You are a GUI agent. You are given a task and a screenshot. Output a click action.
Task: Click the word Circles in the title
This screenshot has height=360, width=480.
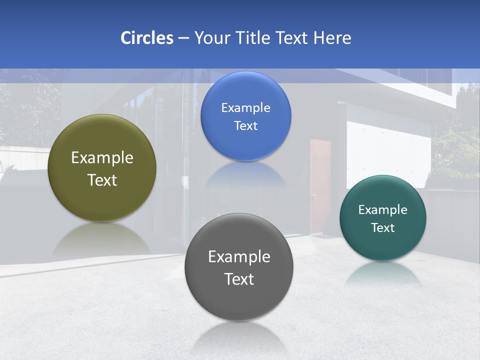pos(146,38)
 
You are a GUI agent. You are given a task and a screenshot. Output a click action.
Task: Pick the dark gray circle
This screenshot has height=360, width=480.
pos(239,300)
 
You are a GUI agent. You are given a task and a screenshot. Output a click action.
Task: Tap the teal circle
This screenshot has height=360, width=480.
pos(383,245)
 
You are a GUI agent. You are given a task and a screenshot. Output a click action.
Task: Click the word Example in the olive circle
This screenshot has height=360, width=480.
pos(102,158)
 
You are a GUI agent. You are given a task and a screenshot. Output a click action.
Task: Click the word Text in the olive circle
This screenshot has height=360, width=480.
pos(102,180)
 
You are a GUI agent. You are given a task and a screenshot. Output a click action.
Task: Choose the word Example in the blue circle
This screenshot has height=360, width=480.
pos(245,108)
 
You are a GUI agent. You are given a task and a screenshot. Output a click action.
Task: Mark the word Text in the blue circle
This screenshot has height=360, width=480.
pos(245,126)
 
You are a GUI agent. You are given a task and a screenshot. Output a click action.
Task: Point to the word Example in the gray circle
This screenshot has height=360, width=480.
pos(239,257)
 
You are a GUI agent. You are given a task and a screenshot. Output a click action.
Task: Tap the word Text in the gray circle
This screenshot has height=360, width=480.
pos(239,279)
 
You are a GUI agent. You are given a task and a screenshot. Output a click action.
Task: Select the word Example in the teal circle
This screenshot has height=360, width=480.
pos(383,210)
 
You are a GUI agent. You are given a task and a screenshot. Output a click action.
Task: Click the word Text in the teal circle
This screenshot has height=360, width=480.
pos(383,228)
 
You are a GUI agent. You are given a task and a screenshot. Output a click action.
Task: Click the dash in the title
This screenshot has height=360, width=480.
pos(183,38)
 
